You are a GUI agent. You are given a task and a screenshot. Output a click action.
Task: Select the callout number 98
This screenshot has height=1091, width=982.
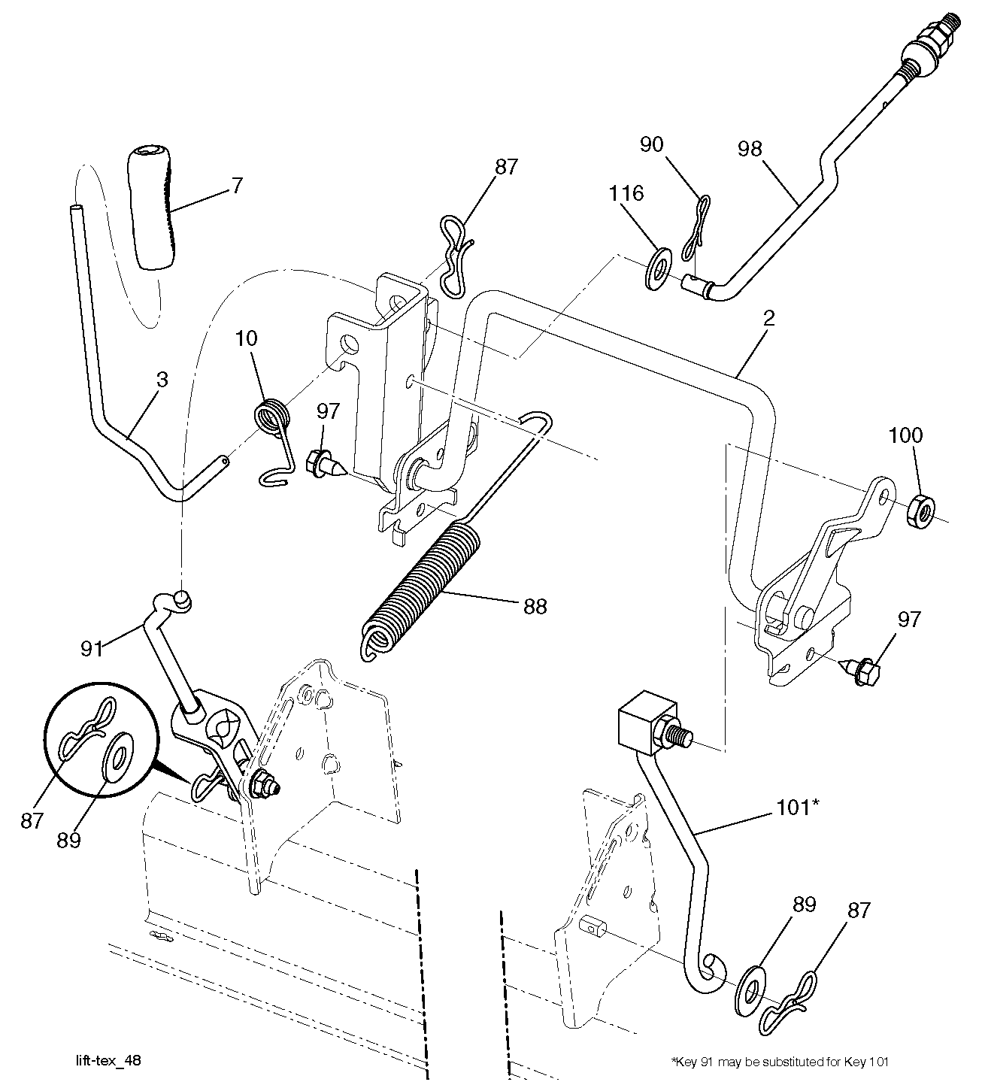tap(749, 148)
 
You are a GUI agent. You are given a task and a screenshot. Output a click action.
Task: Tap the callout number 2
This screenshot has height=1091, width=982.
tap(768, 317)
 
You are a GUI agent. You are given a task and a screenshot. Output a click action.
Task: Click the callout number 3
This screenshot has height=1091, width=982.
tap(162, 379)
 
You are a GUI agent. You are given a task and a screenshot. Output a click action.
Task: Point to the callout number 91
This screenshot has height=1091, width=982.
tap(92, 648)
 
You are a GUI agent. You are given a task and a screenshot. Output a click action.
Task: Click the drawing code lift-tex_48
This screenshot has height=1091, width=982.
tap(109, 1061)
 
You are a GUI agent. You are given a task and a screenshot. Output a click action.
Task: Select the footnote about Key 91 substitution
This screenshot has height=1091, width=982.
tap(779, 1062)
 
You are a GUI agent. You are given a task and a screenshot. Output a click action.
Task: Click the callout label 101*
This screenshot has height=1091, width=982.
tap(798, 808)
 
